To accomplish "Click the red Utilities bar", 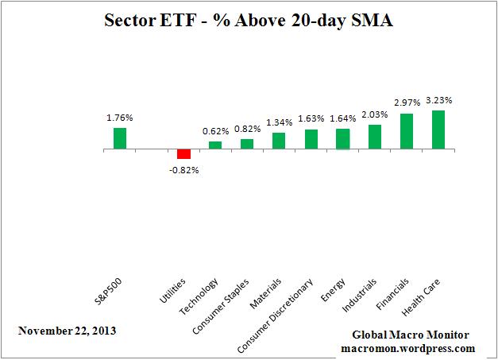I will click(183, 154).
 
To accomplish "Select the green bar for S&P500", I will click(120, 138).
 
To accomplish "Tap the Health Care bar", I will click(438, 130).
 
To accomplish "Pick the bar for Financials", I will click(406, 131).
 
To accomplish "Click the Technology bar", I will click(215, 145).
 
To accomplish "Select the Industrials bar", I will click(374, 137).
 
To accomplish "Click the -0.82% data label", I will click(184, 169).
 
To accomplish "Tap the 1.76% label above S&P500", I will click(120, 118).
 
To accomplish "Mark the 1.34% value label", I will click(279, 123).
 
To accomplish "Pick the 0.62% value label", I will click(215, 132).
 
